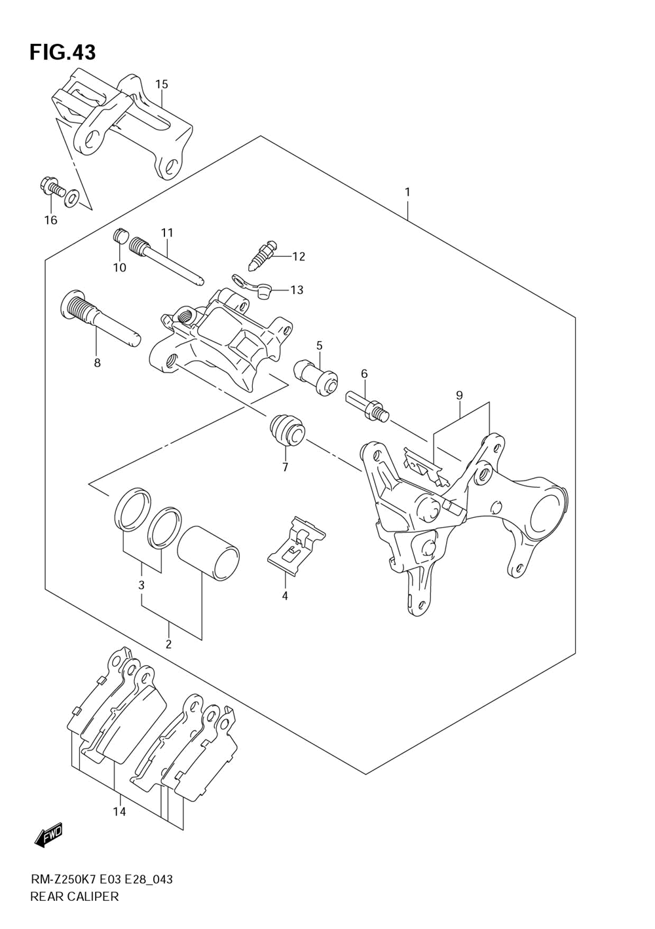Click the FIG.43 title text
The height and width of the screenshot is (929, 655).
click(x=63, y=52)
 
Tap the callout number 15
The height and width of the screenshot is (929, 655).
click(x=162, y=84)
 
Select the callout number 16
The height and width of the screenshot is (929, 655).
click(x=51, y=220)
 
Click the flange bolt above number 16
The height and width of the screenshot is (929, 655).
click(x=54, y=187)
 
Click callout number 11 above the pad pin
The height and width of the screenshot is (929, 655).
click(x=167, y=232)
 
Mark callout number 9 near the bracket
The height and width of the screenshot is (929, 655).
click(x=459, y=395)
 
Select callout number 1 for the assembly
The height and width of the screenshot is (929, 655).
click(x=408, y=192)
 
